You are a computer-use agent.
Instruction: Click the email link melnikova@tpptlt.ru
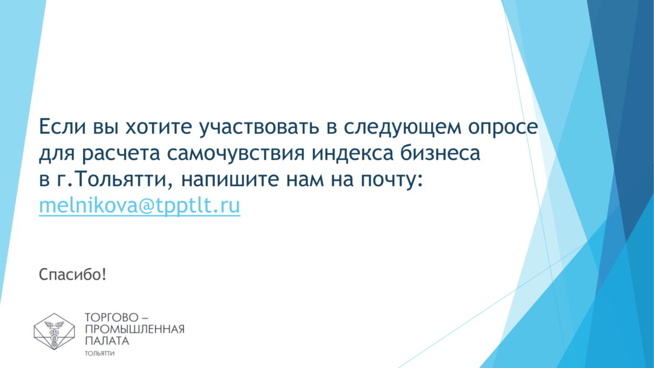139,206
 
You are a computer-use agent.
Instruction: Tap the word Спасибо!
73,275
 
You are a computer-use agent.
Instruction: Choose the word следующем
402,127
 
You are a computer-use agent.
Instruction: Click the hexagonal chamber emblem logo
54,331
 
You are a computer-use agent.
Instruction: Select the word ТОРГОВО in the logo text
111,318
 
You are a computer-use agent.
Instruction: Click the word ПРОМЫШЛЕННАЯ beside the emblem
134,329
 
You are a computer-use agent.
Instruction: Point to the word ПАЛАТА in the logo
107,341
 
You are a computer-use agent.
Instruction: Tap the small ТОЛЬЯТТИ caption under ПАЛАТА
100,353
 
